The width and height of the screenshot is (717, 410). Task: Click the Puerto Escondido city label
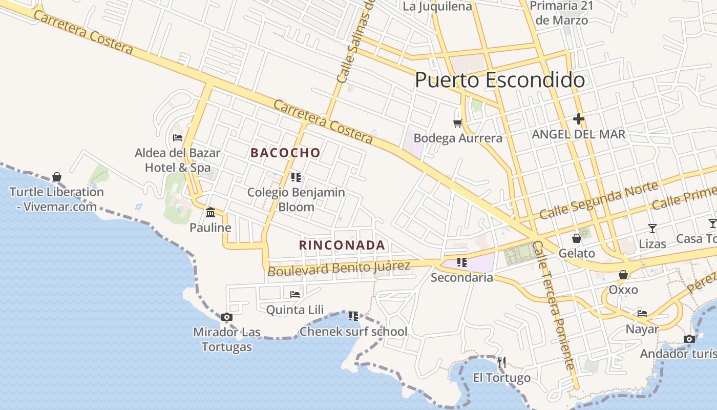(499, 80)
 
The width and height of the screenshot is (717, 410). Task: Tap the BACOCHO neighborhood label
(285, 153)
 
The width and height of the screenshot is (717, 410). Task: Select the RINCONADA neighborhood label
(342, 245)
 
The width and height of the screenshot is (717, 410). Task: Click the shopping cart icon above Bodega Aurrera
(457, 123)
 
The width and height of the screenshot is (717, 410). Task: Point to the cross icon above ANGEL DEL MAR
(579, 119)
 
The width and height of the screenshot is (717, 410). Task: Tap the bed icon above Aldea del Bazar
(178, 137)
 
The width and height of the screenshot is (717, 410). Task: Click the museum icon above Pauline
(210, 212)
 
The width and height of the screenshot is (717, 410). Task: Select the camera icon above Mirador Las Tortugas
(227, 317)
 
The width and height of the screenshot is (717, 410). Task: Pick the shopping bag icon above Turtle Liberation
(57, 177)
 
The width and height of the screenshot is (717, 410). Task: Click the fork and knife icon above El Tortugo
(502, 362)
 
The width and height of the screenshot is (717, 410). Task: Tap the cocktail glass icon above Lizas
(652, 228)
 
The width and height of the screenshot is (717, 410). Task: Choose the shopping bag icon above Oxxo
(623, 275)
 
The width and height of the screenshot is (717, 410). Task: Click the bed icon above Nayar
(642, 314)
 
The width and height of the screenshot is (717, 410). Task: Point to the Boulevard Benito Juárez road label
(339, 268)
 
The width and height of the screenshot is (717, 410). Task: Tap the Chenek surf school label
(353, 332)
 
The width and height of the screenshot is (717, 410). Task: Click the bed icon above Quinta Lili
(295, 294)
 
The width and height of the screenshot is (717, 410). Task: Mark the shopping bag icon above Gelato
(577, 238)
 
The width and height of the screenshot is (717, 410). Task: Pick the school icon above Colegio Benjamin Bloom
(296, 177)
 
